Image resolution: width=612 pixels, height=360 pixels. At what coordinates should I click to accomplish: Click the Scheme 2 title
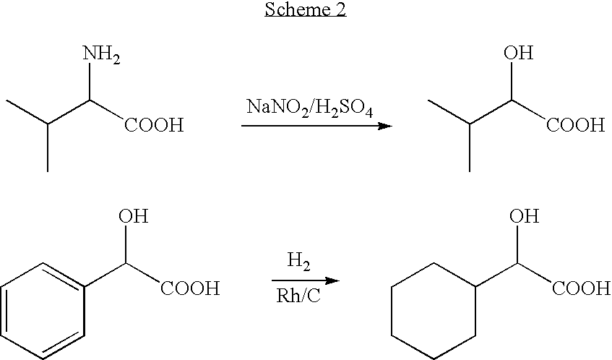[x=306, y=10]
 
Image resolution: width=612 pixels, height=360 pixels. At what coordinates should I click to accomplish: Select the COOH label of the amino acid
[x=154, y=126]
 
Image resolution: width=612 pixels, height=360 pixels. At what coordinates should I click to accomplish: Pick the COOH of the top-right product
[x=575, y=126]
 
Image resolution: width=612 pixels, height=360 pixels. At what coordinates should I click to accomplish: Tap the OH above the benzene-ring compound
[x=132, y=217]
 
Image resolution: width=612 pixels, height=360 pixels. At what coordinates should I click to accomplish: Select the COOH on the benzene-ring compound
[x=190, y=289]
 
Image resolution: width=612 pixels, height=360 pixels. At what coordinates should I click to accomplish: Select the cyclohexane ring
[x=432, y=309]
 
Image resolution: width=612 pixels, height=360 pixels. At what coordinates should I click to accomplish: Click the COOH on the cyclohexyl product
[x=582, y=289]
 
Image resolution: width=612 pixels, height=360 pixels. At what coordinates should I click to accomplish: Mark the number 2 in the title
[x=340, y=10]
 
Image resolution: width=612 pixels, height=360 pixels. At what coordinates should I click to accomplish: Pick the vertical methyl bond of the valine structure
[x=48, y=148]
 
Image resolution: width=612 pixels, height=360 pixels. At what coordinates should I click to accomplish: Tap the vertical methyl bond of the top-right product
[x=470, y=148]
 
